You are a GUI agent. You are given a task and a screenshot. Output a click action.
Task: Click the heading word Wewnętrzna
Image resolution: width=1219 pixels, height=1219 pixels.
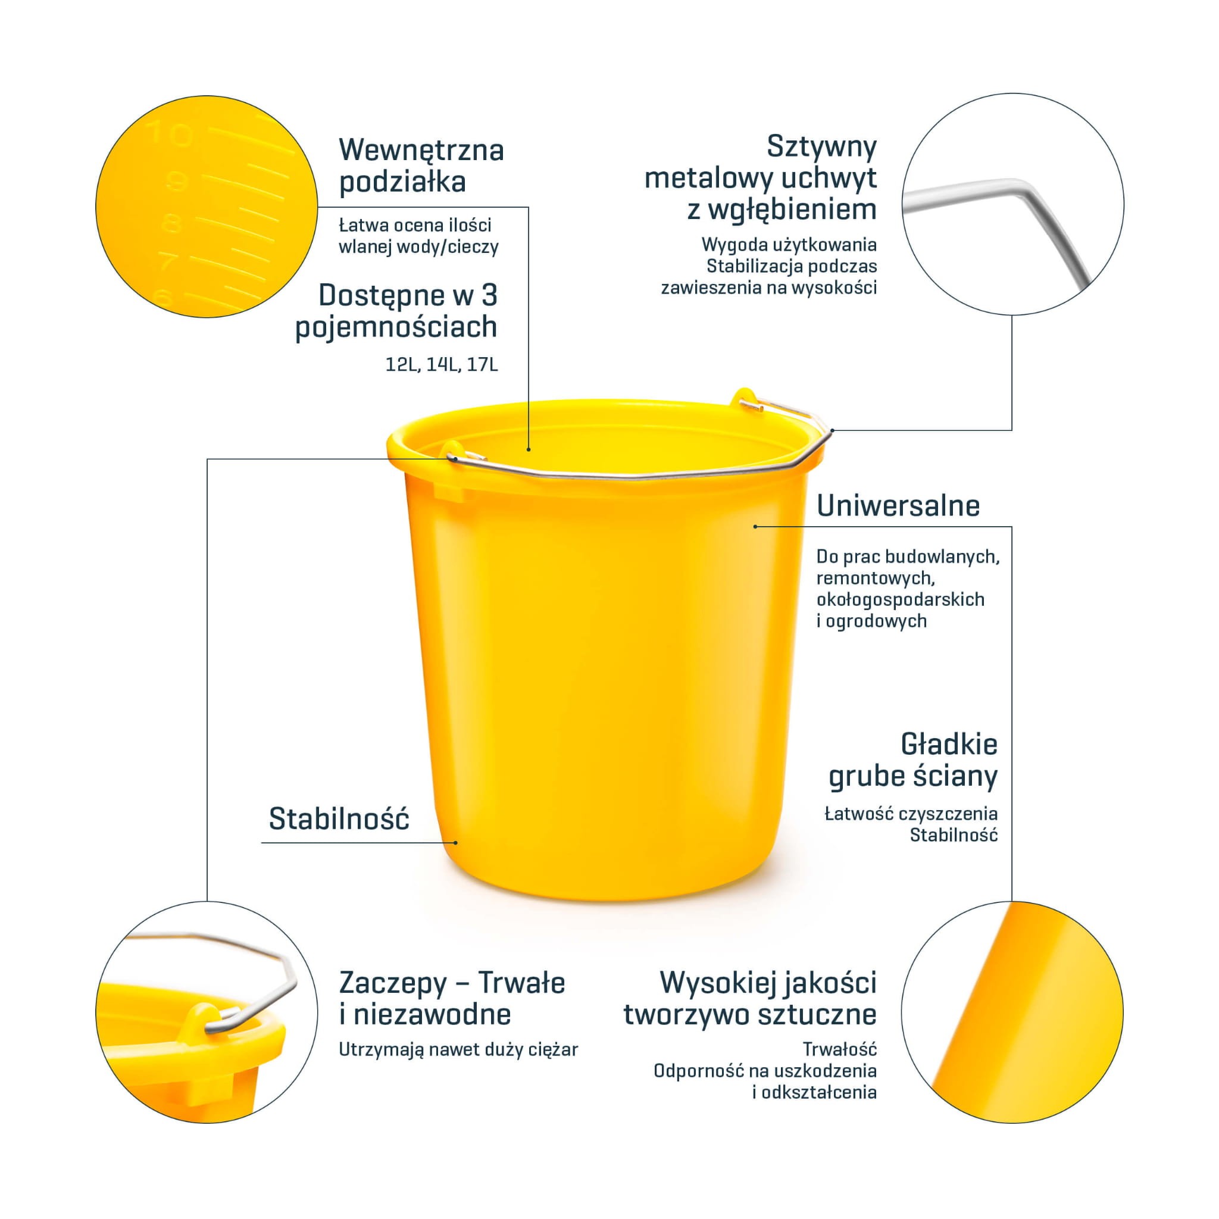pos(421,151)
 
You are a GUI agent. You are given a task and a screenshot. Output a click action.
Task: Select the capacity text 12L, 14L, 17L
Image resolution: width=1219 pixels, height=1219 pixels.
pos(442,365)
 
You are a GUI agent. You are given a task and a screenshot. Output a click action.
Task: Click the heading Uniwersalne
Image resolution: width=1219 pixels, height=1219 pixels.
pos(898,505)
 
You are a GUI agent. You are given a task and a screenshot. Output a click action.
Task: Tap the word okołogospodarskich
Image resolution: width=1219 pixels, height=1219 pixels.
pos(901,599)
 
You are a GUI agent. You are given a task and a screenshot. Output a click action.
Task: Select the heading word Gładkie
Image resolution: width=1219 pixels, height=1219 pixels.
pos(949,745)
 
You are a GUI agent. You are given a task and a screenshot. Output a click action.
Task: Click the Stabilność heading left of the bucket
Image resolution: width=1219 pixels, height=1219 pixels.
pos(339,819)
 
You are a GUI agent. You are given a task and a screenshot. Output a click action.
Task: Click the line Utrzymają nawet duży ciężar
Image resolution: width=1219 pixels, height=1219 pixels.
pos(458,1050)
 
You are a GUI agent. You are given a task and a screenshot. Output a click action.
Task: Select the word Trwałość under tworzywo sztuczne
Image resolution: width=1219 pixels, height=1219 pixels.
pos(839,1049)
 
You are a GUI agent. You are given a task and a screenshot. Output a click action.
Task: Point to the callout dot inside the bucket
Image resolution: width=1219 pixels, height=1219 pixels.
pos(529,449)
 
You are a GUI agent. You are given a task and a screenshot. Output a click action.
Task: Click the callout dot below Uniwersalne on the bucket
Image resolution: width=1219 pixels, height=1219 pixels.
pos(755,526)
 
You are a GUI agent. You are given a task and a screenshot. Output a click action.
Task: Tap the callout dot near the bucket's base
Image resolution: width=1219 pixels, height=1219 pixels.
pos(455,842)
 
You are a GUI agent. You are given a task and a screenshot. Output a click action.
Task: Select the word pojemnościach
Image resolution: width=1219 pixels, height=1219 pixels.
pos(396,327)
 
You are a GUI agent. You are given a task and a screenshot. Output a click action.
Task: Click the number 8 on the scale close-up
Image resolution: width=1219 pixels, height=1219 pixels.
pos(171,223)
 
